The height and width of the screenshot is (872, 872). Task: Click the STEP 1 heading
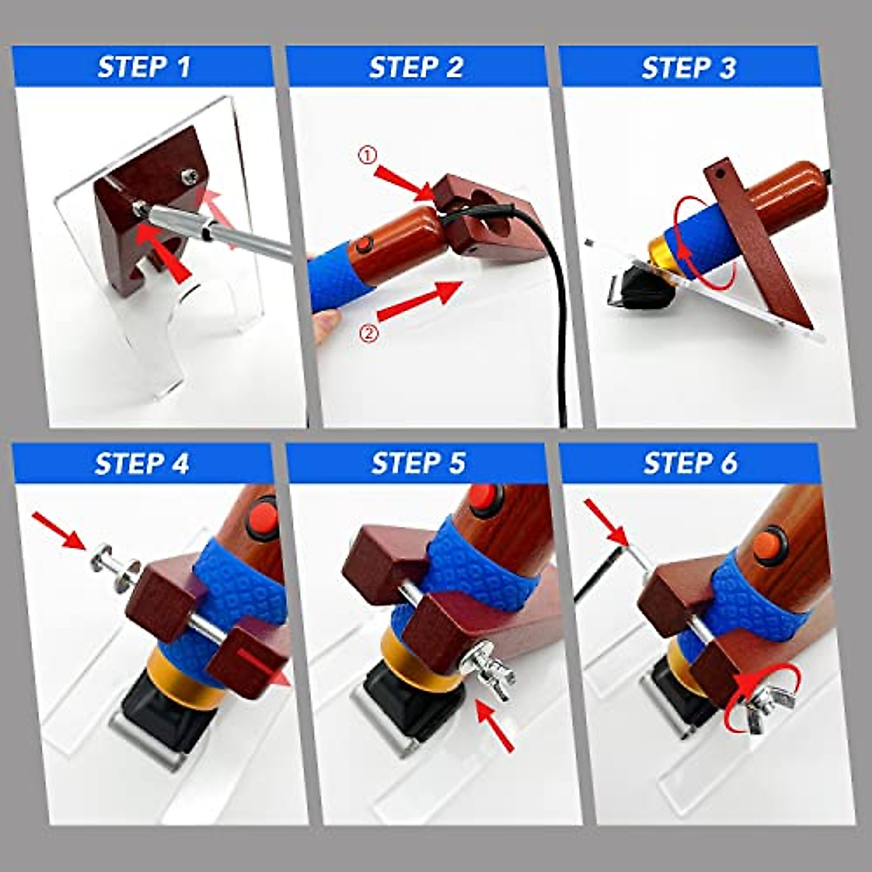click(143, 68)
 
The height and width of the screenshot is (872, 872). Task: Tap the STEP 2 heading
click(416, 68)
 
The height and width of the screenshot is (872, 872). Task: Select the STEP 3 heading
click(688, 68)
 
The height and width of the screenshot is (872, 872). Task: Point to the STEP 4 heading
click(142, 464)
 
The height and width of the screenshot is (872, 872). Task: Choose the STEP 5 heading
click(418, 464)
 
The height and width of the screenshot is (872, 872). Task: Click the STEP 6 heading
click(690, 464)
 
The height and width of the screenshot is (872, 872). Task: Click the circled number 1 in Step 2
click(366, 155)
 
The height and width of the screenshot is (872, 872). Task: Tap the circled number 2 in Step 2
click(369, 334)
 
